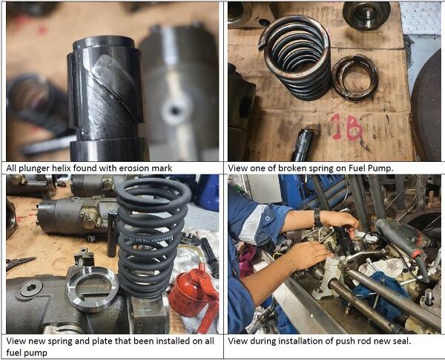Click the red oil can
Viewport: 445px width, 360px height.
click(x=193, y=295)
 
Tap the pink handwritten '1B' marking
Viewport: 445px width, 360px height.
click(x=347, y=127)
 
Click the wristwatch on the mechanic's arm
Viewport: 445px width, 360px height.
click(x=317, y=218)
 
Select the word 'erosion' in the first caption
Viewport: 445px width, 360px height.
click(x=133, y=168)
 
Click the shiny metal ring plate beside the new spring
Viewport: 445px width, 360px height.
click(x=93, y=289)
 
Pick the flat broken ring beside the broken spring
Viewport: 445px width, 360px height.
click(x=355, y=78)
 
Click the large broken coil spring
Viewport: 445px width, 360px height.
click(x=295, y=57)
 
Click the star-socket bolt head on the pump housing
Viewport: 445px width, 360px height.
click(x=30, y=289)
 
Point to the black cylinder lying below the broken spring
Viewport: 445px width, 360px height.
click(x=303, y=144)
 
